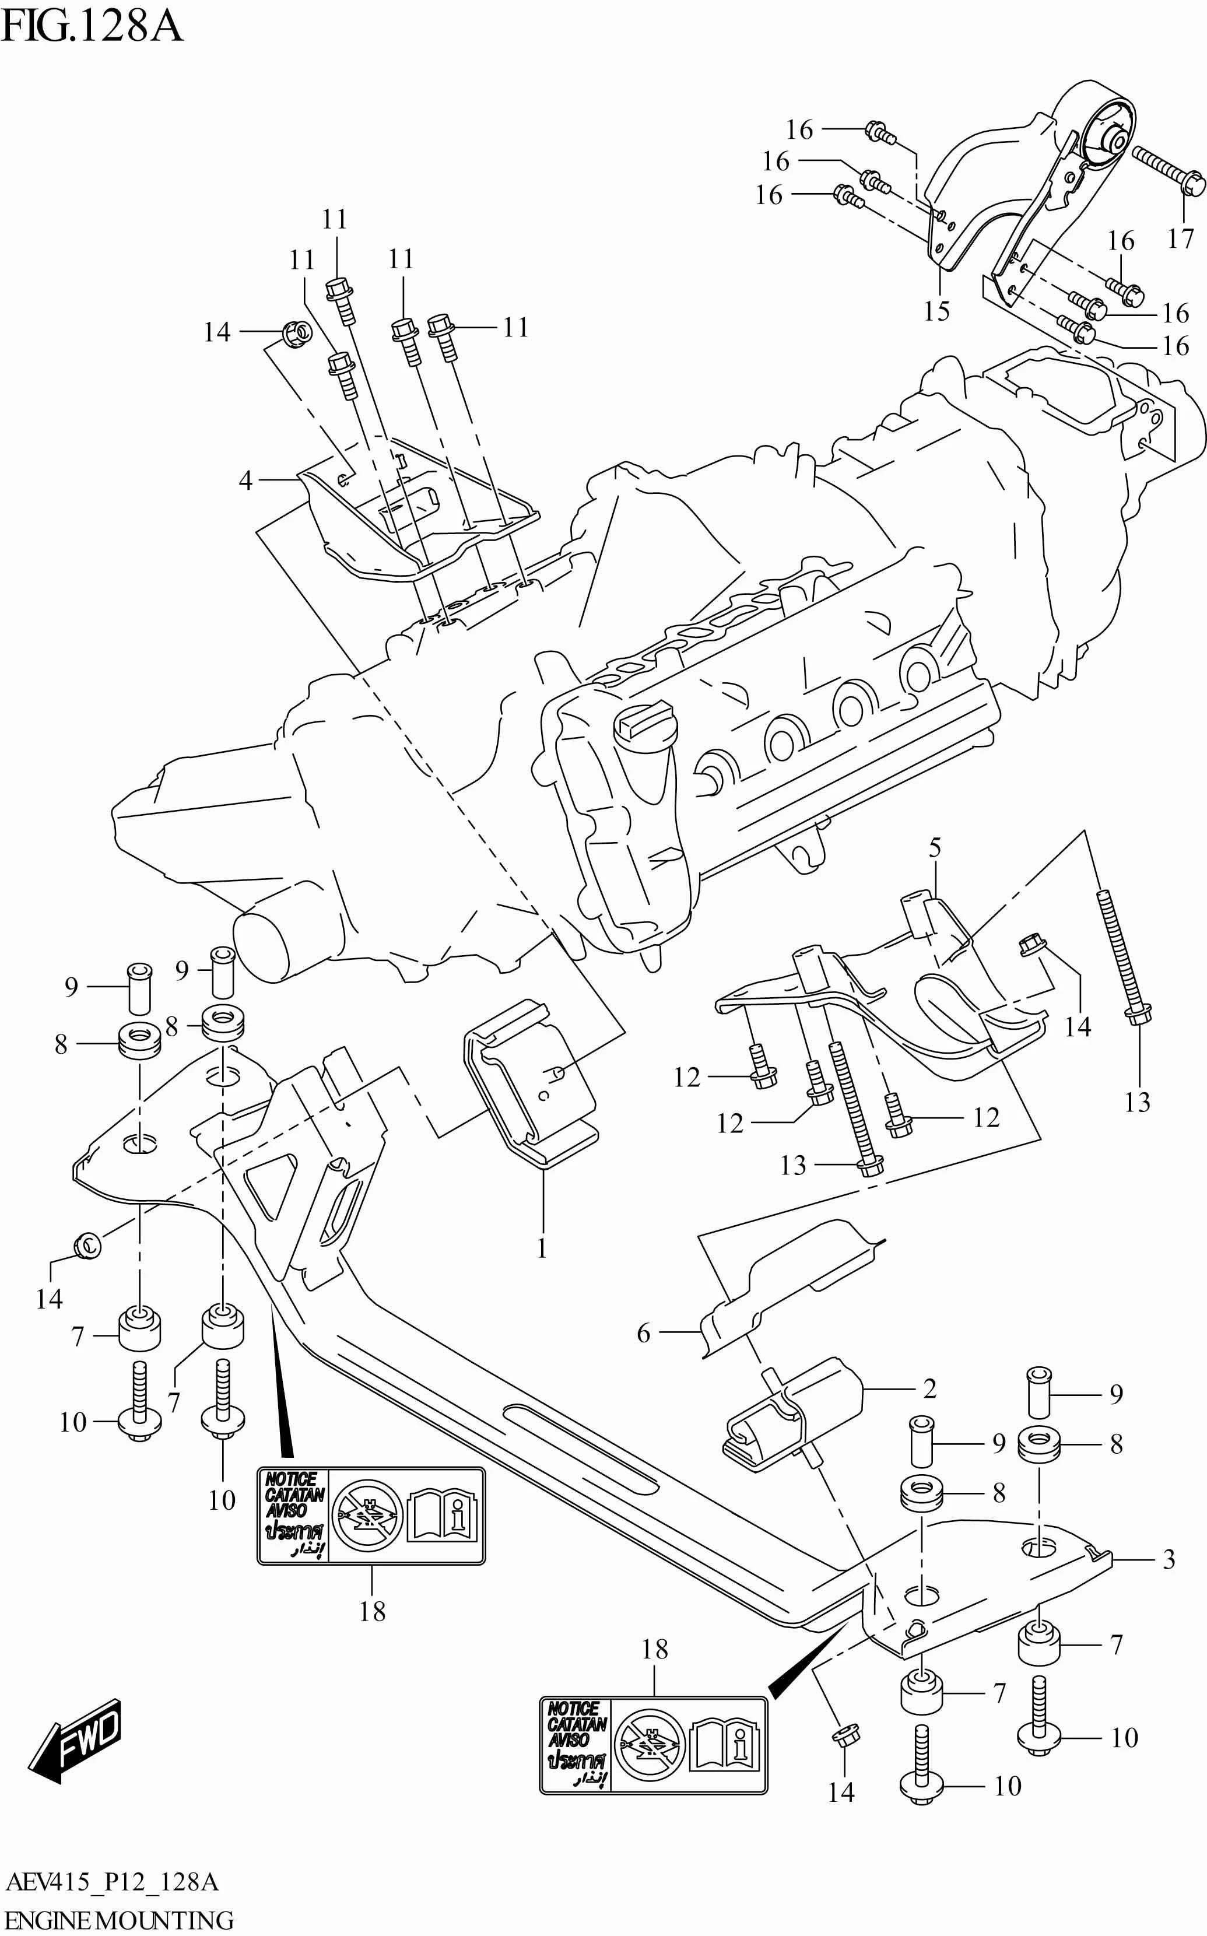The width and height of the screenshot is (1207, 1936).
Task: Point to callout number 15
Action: pos(936,311)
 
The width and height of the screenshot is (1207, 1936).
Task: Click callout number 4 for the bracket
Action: pos(245,480)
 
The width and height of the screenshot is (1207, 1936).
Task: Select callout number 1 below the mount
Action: pos(542,1248)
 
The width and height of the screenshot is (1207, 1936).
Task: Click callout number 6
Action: pos(643,1332)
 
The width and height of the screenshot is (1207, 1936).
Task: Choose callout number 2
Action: pos(929,1389)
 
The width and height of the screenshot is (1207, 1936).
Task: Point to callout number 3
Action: pos(1169,1558)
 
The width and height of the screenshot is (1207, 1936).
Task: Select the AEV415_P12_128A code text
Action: pos(112,1882)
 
